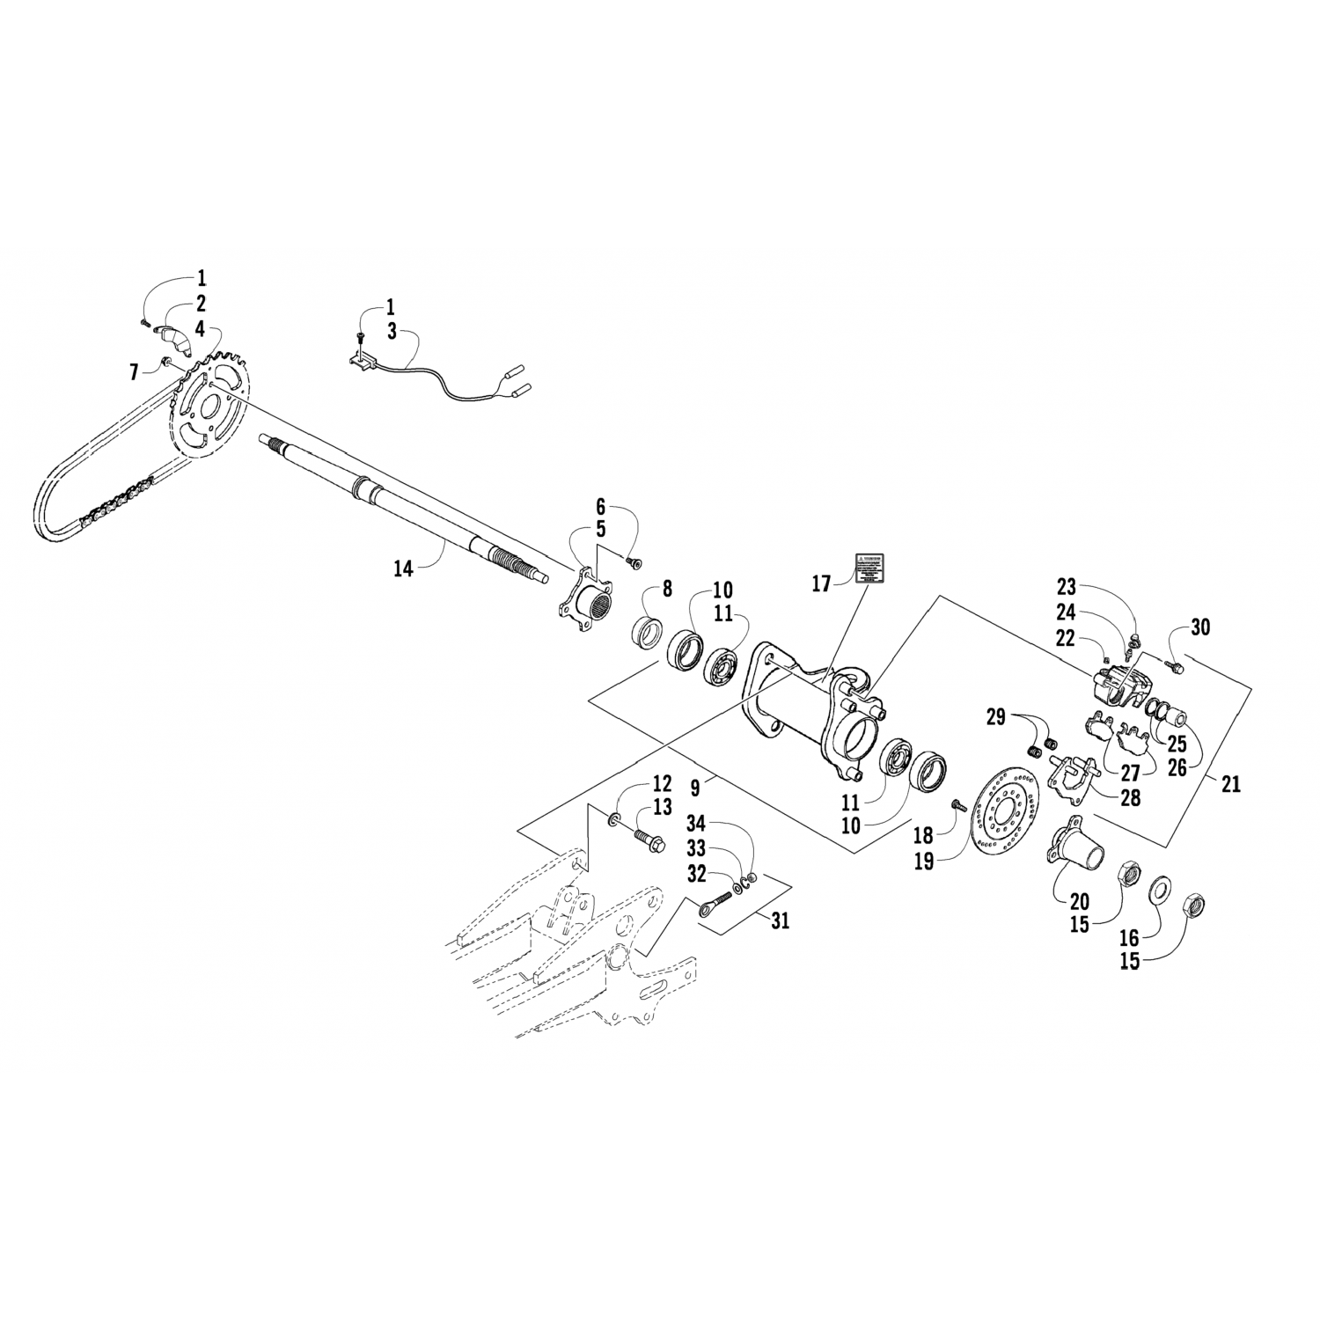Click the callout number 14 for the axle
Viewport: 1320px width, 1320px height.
[402, 569]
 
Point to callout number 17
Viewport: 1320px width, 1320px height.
[821, 583]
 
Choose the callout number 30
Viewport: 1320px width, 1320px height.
[1200, 627]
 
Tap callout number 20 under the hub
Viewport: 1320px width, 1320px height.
[1079, 901]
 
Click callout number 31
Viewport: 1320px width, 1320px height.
[780, 920]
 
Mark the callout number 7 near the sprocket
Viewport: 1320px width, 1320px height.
[134, 372]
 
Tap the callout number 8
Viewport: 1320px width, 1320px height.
[667, 588]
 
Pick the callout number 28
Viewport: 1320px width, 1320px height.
[1129, 797]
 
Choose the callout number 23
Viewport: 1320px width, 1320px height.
[1066, 587]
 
